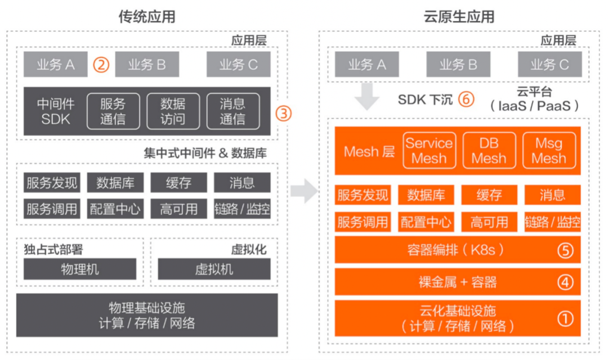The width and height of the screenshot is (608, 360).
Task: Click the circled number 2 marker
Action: [101, 65]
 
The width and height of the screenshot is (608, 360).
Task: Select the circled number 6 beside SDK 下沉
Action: [466, 100]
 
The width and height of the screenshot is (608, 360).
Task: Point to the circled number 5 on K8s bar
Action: [565, 249]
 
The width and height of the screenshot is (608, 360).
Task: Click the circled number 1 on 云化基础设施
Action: [565, 318]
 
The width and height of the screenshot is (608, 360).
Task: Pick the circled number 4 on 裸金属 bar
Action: [565, 282]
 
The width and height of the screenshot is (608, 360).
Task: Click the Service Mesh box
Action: [429, 150]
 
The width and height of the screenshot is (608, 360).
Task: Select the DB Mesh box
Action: [489, 150]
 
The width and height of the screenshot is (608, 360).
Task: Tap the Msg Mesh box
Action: [549, 150]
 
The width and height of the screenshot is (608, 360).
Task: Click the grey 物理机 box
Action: [80, 269]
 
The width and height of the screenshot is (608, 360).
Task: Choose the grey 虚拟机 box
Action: [214, 269]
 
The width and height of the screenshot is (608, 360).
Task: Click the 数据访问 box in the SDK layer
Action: [172, 111]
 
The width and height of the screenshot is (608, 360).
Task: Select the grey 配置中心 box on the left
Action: [115, 209]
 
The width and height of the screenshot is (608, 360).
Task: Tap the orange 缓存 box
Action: [489, 195]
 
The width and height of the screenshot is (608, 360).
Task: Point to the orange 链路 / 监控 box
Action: [552, 221]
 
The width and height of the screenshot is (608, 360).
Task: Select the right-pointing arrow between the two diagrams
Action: [305, 191]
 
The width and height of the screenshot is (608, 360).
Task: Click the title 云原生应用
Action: [459, 16]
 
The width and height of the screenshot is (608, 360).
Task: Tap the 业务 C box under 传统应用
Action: [238, 65]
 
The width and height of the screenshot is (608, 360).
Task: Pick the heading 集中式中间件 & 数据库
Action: [205, 152]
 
